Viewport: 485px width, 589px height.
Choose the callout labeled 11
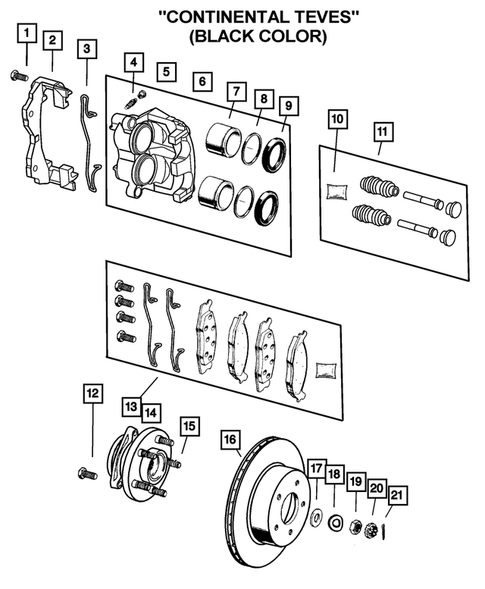(382, 131)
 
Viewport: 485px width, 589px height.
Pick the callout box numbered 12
(92, 393)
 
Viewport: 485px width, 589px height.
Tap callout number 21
(397, 494)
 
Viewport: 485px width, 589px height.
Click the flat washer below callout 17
(316, 519)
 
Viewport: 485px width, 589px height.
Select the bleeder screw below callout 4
(134, 101)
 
